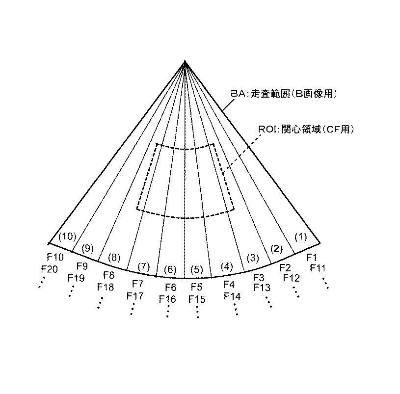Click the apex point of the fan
[x=185, y=61]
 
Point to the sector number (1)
[x=300, y=236]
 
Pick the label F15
[x=197, y=299]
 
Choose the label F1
[x=312, y=257]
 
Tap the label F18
[x=106, y=288]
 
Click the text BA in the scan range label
[x=237, y=93]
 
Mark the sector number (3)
[x=253, y=257]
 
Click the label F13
[x=262, y=288]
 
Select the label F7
[x=138, y=284]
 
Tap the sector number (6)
[x=169, y=269]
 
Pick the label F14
[x=232, y=296]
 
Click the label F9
[x=82, y=266]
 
